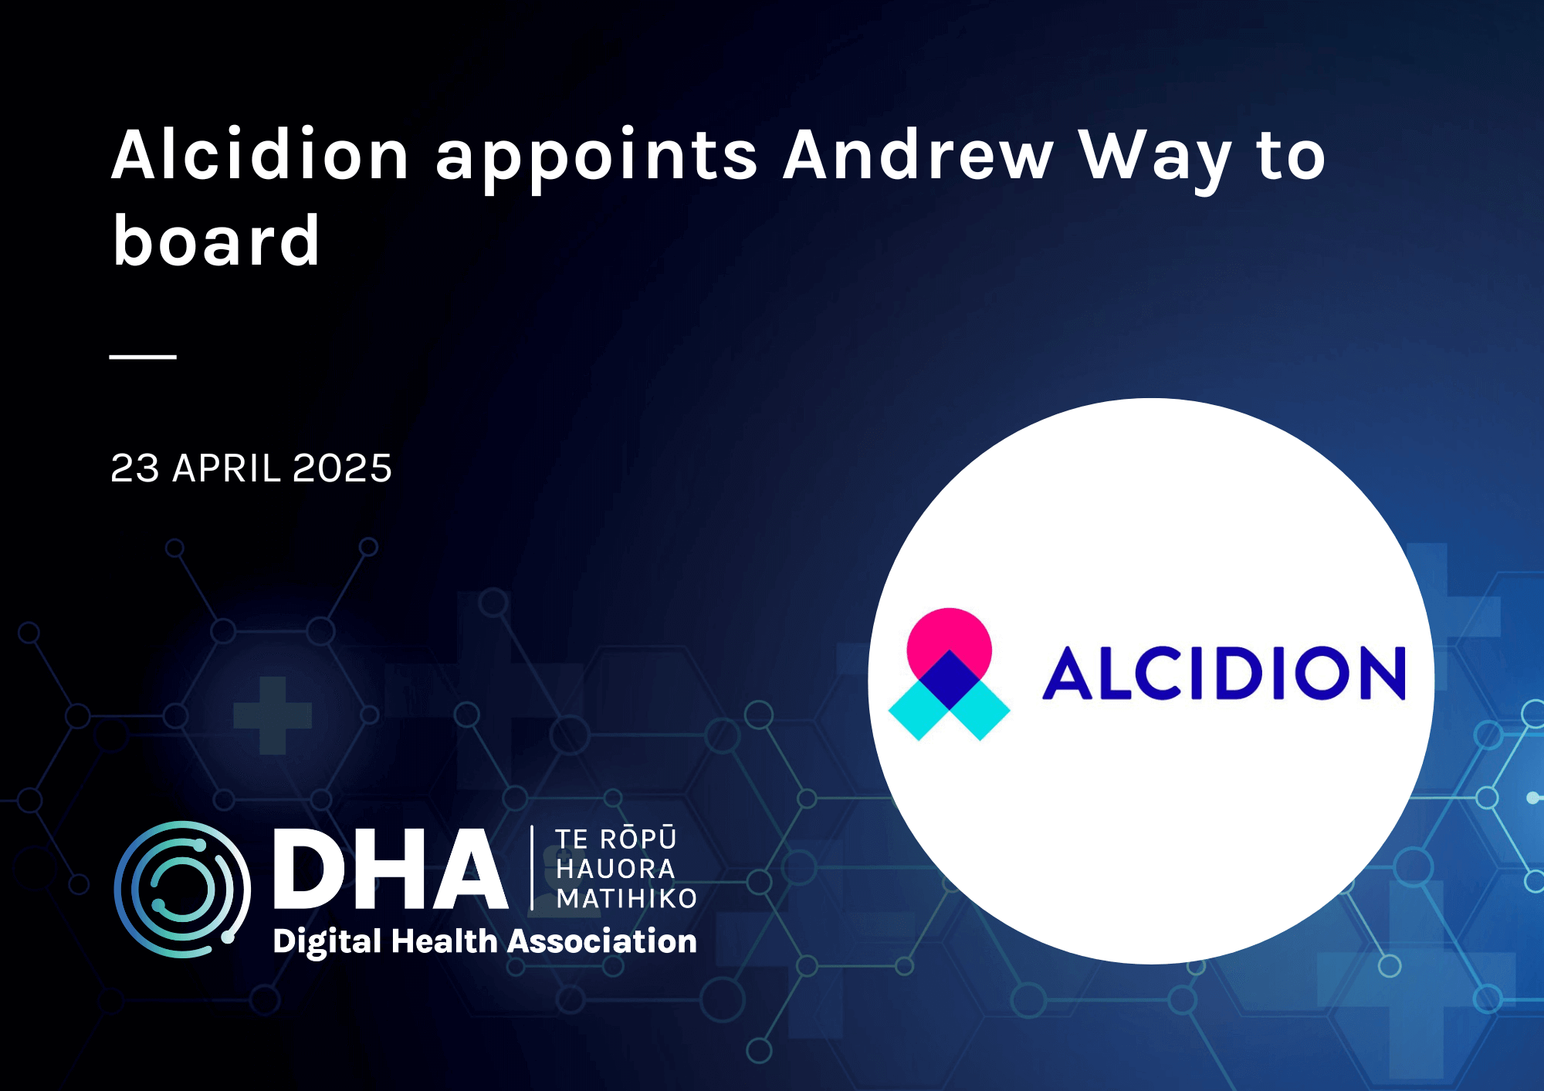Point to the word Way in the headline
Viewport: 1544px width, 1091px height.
coord(1155,158)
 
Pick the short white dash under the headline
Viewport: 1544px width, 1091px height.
coord(143,356)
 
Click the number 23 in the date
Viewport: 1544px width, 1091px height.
coord(135,468)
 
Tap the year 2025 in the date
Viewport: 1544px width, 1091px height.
coord(342,468)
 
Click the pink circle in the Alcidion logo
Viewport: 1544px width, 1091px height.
coord(949,634)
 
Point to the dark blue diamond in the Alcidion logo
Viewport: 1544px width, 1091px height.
coord(949,679)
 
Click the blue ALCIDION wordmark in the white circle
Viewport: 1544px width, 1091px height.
coord(1224,674)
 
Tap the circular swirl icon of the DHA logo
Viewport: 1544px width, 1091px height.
coord(182,889)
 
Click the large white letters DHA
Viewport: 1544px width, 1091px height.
coord(390,870)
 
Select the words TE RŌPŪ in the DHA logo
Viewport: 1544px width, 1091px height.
coord(615,839)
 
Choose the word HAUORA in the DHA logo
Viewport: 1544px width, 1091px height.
coord(615,870)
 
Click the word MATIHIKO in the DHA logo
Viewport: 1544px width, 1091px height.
coord(626,899)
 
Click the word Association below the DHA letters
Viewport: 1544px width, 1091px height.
coord(602,942)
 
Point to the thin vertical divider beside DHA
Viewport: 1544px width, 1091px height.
coord(532,868)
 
